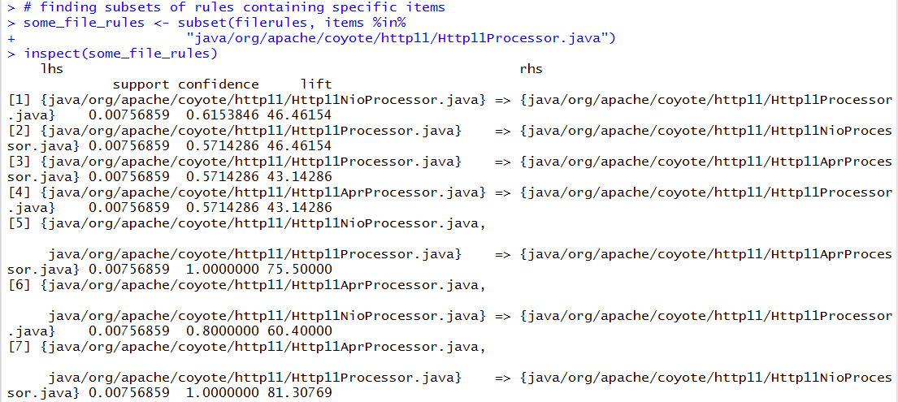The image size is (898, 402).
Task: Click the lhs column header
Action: pos(51,69)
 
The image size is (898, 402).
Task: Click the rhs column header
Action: pos(531,69)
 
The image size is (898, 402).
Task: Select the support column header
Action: pos(141,84)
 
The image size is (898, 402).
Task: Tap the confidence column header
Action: pos(218,84)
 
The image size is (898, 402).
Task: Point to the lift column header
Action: pos(315,84)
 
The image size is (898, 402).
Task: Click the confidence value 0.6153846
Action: pos(218,115)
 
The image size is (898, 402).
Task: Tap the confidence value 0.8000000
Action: pos(218,331)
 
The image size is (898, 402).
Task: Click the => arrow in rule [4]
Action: pos(502,192)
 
